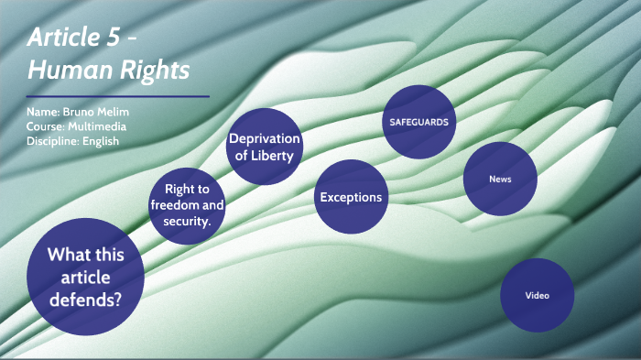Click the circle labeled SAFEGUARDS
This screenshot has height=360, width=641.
tap(419, 121)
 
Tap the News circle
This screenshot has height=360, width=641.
tap(500, 180)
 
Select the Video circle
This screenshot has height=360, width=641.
tap(537, 296)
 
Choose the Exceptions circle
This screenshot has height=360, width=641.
tap(350, 196)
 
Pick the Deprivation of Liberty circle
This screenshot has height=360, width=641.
tap(265, 147)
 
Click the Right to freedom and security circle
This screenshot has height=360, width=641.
tap(188, 206)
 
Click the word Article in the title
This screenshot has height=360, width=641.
tap(60, 38)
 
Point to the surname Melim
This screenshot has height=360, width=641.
tap(113, 112)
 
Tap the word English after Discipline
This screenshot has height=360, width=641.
tap(101, 141)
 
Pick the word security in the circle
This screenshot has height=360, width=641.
tap(188, 222)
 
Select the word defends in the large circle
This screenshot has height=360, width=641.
tap(86, 298)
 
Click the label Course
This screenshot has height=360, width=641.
tap(44, 126)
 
